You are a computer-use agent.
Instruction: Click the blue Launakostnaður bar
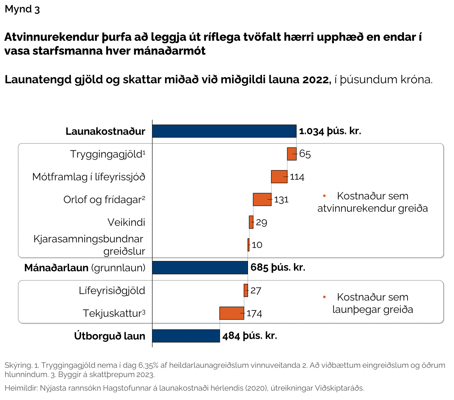(x=224, y=131)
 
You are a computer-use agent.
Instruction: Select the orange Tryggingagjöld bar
(x=291, y=154)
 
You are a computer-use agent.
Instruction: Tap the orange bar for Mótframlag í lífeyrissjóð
(x=279, y=177)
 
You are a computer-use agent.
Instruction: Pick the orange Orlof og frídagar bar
(x=262, y=199)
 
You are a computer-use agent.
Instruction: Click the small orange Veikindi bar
(x=251, y=222)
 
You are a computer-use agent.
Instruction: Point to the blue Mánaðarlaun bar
(x=200, y=268)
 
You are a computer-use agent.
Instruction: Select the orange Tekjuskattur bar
(x=232, y=313)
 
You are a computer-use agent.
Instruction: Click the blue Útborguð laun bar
(x=186, y=336)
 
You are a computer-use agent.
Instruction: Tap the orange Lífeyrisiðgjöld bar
(x=246, y=290)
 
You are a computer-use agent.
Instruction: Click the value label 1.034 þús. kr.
(x=330, y=131)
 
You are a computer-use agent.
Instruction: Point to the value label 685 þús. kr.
(x=278, y=268)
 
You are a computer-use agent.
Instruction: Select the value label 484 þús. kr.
(x=250, y=336)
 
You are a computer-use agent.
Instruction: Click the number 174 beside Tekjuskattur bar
(x=255, y=313)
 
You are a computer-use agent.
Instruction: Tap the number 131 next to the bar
(x=281, y=200)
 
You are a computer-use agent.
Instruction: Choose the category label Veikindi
(x=126, y=222)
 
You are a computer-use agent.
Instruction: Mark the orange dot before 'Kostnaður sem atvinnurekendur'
(x=324, y=196)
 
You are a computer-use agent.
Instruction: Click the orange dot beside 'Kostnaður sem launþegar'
(x=324, y=297)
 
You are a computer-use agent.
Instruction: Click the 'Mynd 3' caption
(x=22, y=9)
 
